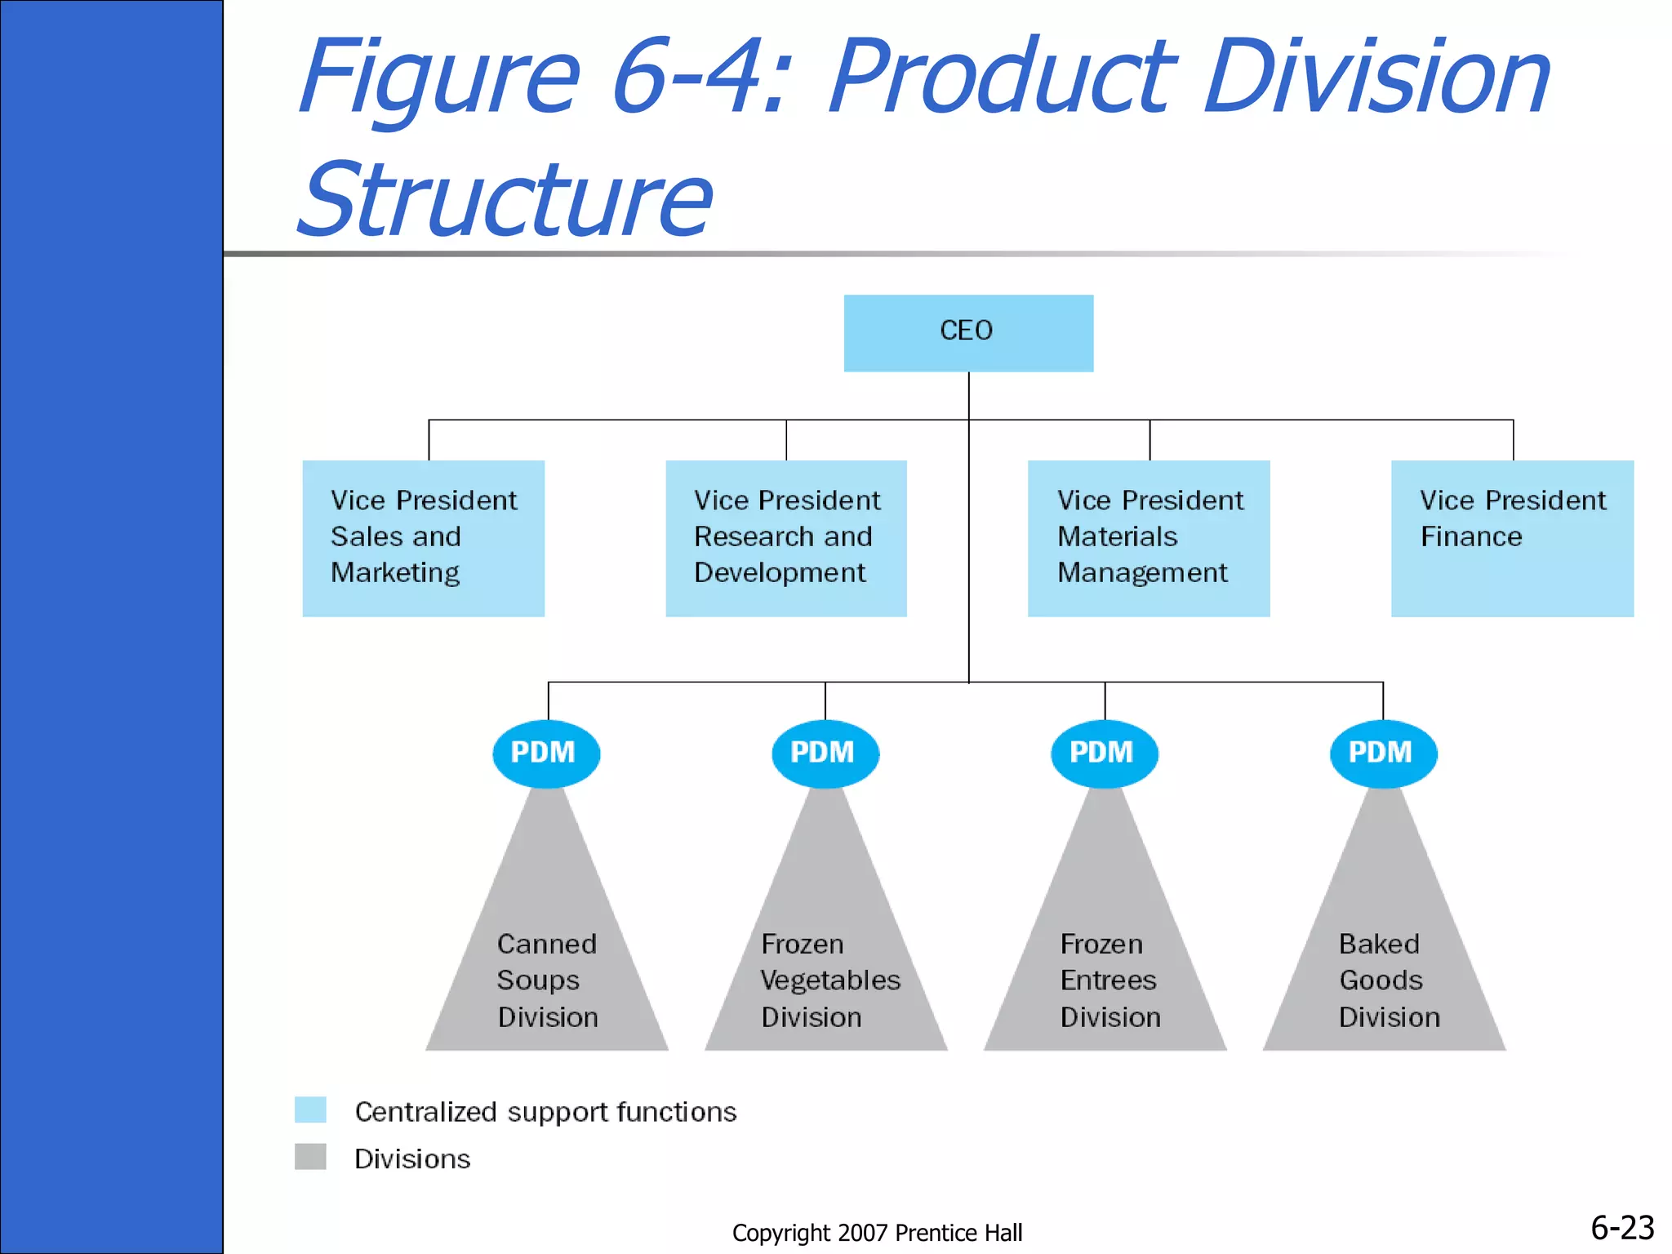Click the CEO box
(968, 332)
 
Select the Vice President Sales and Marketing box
(423, 537)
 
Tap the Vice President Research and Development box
(785, 537)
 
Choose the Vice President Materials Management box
(1148, 537)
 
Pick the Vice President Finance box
(1512, 537)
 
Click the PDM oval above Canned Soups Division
(546, 753)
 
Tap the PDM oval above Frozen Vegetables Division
(825, 753)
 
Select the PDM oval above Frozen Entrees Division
(1104, 753)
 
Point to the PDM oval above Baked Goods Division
(1383, 753)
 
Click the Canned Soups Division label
(547, 981)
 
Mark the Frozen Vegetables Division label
(829, 981)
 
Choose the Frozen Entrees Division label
(1109, 981)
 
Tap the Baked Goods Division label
(1388, 981)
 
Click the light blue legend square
(310, 1109)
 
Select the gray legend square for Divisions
(310, 1157)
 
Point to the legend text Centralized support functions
(545, 1112)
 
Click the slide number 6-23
(1621, 1228)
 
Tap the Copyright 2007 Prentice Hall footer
(877, 1233)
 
